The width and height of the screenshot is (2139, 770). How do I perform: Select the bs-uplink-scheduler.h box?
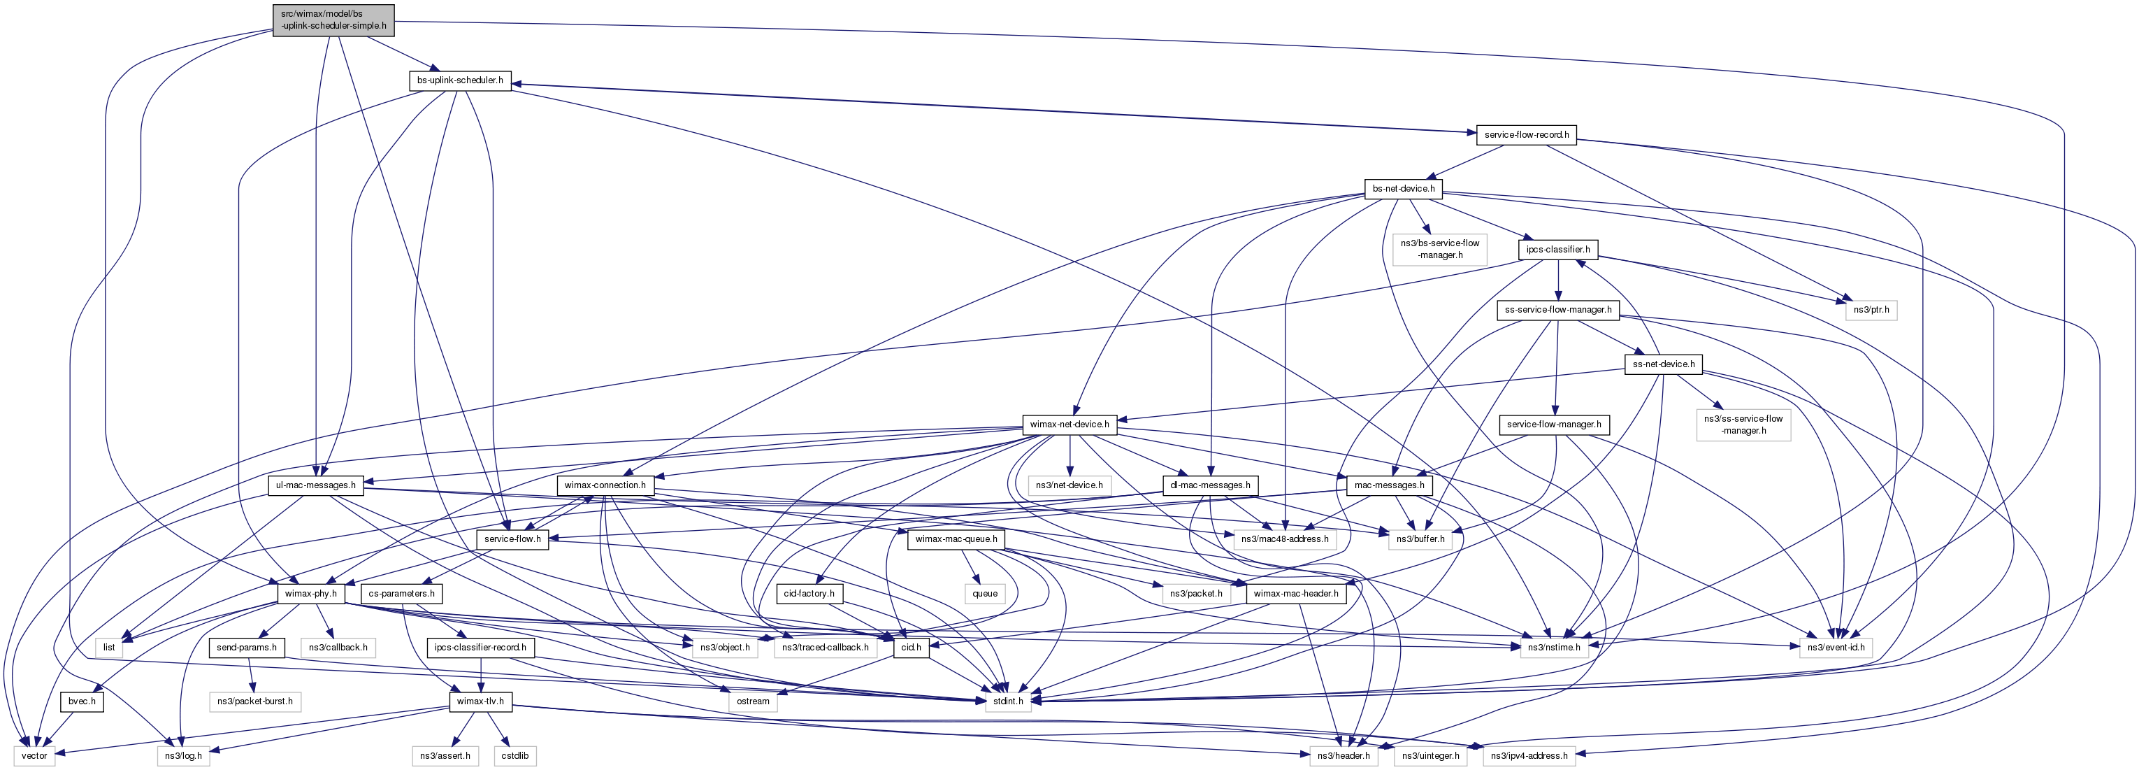(459, 80)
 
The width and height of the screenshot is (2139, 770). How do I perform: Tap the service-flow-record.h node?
(1526, 134)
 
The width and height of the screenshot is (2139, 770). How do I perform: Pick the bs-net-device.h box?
(1402, 189)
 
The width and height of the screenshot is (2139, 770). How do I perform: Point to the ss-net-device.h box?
(1663, 364)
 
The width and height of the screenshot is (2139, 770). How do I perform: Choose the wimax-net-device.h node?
(1069, 425)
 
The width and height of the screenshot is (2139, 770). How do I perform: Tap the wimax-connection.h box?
(605, 485)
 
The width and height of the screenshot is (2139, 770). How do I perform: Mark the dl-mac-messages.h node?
(1210, 485)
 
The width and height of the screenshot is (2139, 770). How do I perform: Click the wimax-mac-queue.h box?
(956, 539)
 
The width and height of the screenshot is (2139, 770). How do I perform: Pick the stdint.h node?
(1008, 701)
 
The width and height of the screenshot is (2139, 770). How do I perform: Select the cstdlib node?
(514, 756)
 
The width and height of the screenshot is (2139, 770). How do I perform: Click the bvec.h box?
(81, 701)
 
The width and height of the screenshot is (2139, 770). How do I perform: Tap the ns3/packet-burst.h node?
(254, 701)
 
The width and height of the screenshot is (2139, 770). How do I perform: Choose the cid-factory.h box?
(809, 594)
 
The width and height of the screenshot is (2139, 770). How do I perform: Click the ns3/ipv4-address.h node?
(1529, 756)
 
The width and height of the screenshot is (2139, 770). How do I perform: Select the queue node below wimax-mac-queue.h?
(984, 594)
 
